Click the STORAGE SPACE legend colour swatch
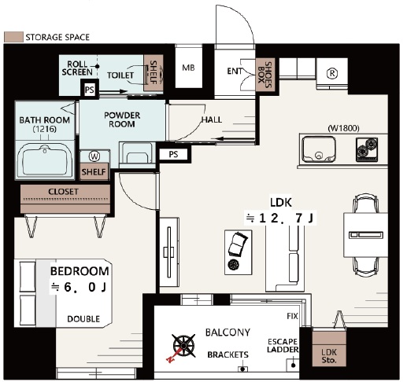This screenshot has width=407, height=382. point(13,37)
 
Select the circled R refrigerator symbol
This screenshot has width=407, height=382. point(332,74)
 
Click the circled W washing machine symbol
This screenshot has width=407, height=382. point(94,156)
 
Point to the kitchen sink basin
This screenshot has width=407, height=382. point(319,149)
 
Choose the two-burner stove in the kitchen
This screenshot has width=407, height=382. point(367,149)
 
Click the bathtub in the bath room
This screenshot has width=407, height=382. point(45,160)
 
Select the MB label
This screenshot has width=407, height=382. point(188,68)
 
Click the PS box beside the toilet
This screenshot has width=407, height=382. point(90,90)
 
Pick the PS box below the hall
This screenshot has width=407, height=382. point(173,154)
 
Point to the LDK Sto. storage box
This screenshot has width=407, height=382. point(329,349)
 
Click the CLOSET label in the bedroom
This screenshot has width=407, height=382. point(63,192)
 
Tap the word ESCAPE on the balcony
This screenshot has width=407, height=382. point(283,342)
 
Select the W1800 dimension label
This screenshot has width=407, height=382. point(343,128)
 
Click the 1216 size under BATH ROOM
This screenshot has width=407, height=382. point(45,129)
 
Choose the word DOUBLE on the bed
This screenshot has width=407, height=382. point(83,319)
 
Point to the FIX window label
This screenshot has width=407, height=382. point(292,316)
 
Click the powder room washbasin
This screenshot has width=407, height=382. point(136,155)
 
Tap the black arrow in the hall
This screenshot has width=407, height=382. point(234,138)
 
